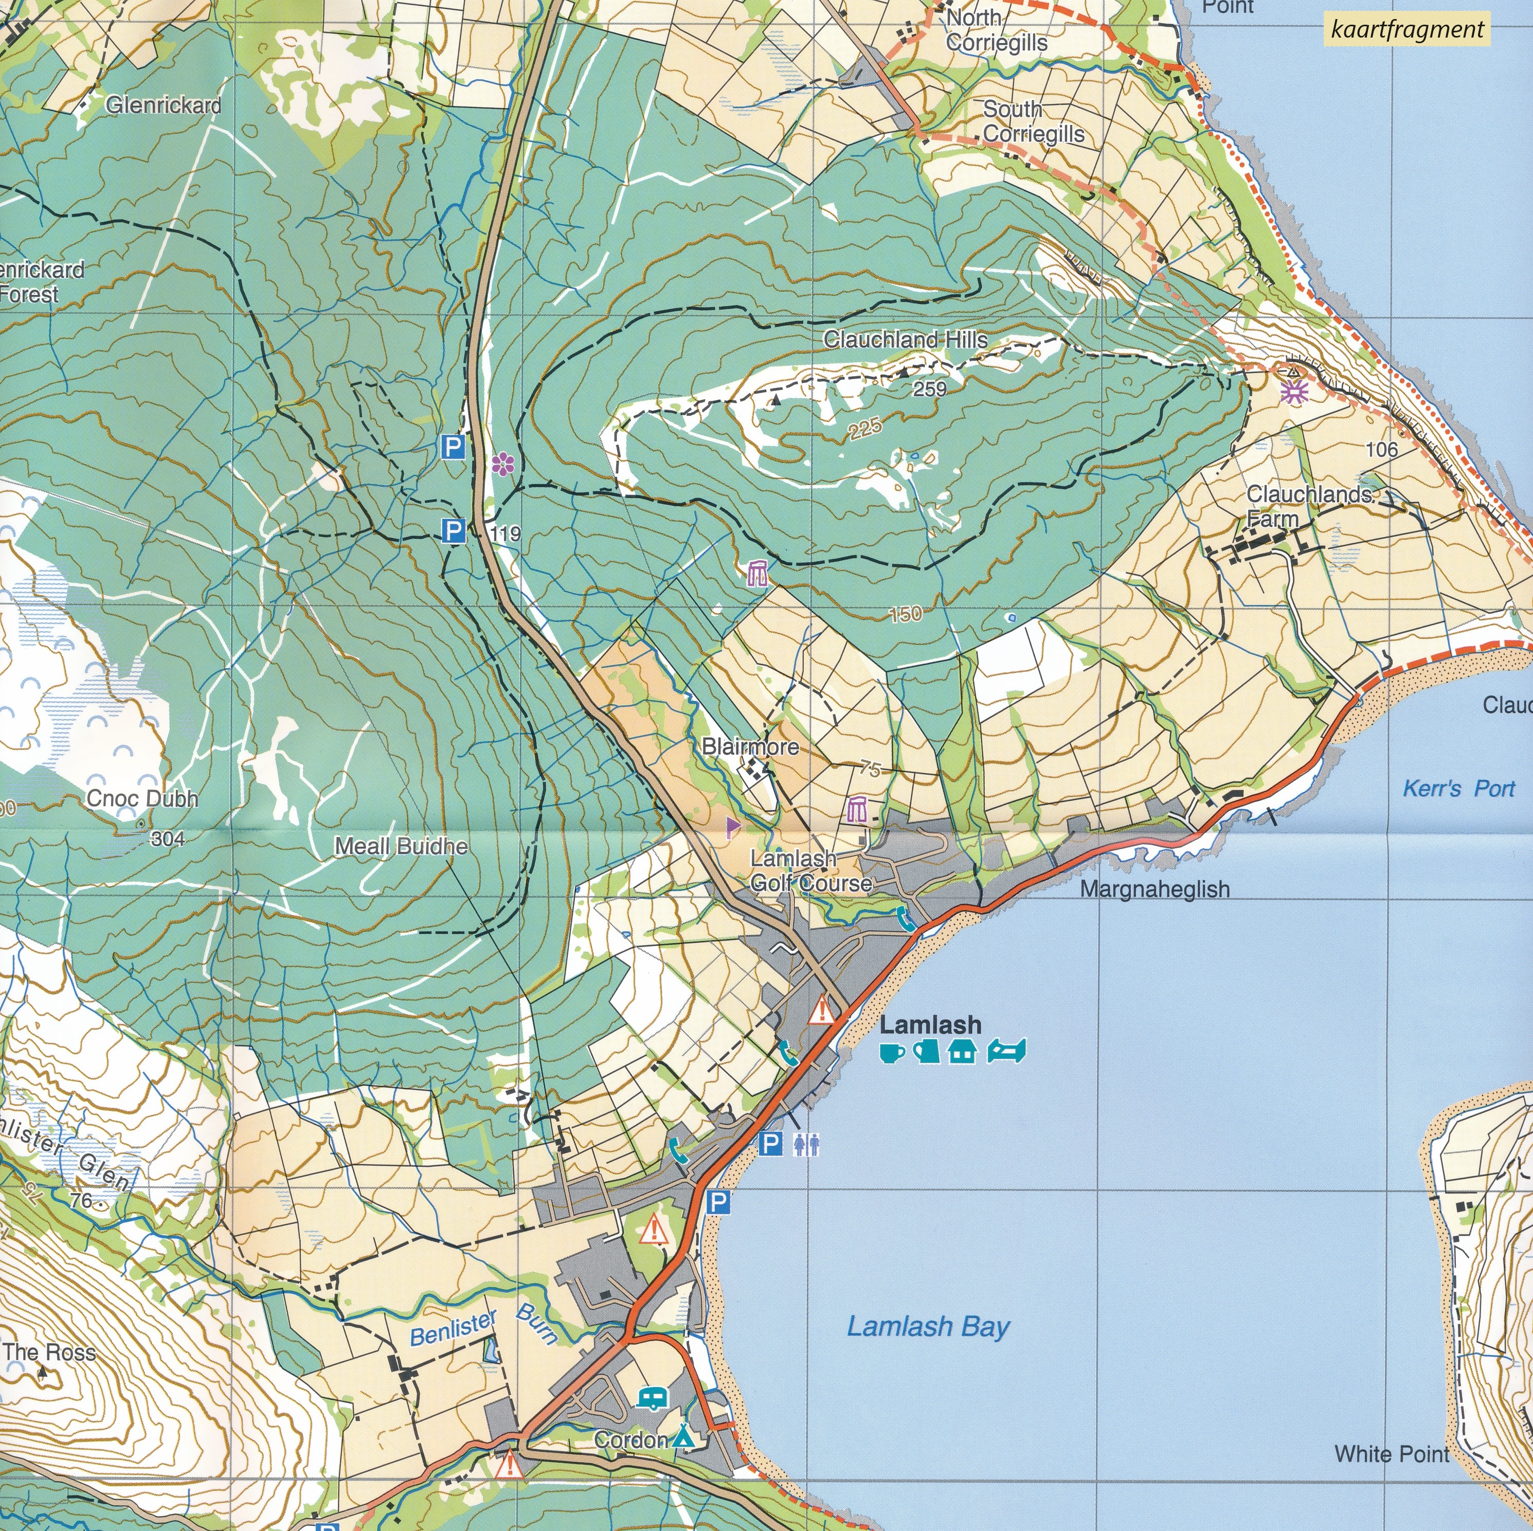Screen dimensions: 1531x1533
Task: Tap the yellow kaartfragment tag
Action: point(1408,30)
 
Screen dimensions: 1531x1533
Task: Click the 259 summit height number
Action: point(929,389)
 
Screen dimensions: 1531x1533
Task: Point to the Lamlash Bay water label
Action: point(928,1326)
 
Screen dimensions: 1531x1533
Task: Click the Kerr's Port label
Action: point(1458,789)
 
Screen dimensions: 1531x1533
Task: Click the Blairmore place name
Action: point(750,747)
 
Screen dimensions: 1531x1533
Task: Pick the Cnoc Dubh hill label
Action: point(142,798)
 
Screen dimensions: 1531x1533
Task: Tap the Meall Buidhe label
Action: point(401,846)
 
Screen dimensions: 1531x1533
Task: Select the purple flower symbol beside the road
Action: point(501,465)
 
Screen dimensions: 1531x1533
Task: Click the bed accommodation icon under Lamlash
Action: point(1006,1052)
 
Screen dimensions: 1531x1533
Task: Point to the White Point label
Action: point(1392,1454)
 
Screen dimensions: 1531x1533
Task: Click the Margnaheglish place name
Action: point(1155,889)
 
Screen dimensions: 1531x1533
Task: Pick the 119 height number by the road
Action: point(506,533)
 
